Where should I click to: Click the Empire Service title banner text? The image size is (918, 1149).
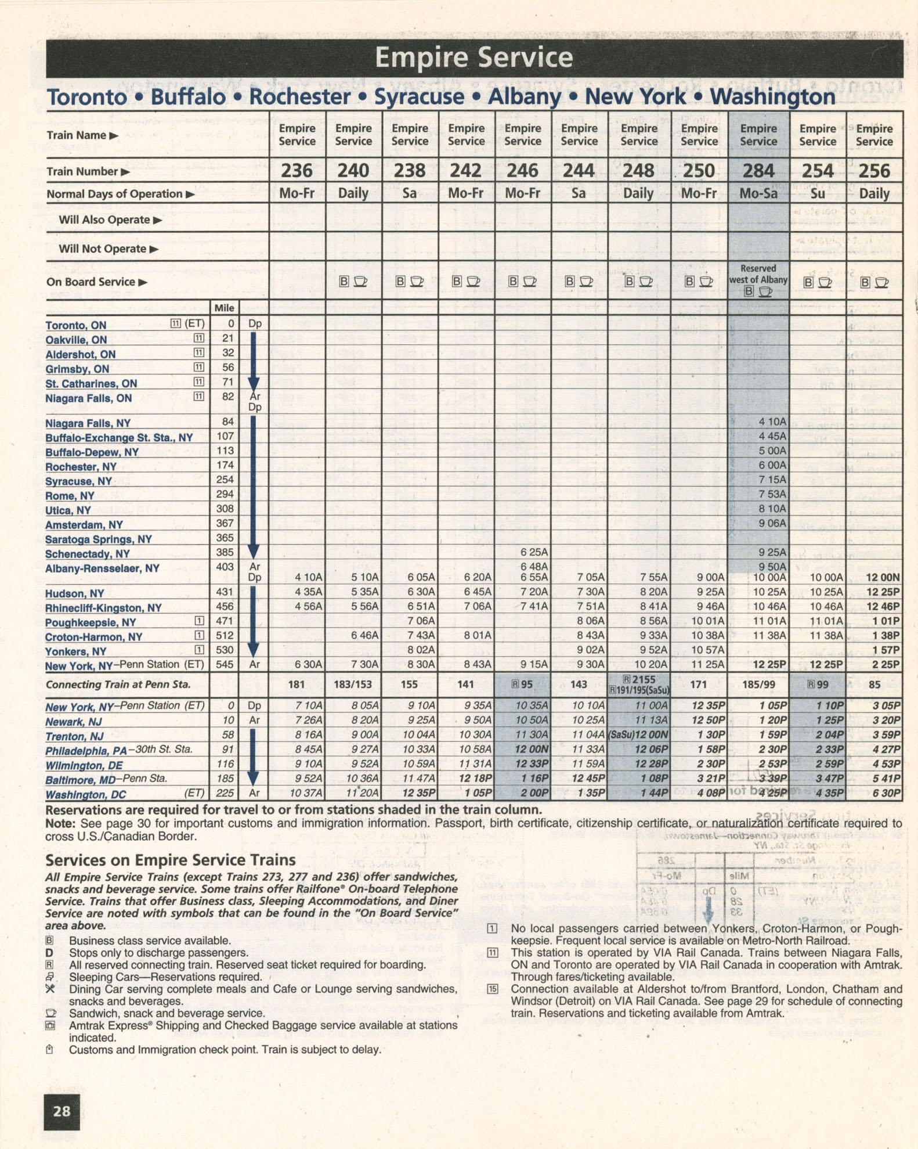click(474, 57)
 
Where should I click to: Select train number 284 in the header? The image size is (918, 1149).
click(758, 171)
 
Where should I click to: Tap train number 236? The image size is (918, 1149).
click(297, 171)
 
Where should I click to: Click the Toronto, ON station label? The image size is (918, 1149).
click(76, 325)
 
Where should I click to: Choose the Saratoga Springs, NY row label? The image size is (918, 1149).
click(99, 539)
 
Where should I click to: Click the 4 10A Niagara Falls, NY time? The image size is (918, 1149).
click(772, 422)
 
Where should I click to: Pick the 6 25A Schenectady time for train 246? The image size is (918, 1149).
click(534, 552)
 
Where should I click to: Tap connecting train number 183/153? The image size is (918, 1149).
click(353, 685)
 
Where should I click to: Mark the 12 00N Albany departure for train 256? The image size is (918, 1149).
click(882, 577)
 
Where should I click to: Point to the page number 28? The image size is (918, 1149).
click(62, 1111)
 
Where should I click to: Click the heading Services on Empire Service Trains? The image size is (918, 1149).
click(171, 860)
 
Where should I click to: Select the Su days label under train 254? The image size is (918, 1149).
click(817, 193)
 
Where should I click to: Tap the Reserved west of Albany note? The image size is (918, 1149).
click(758, 274)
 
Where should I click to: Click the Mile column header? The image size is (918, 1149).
click(224, 308)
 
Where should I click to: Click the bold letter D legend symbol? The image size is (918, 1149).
click(49, 953)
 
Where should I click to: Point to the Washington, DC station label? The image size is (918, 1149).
click(85, 794)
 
